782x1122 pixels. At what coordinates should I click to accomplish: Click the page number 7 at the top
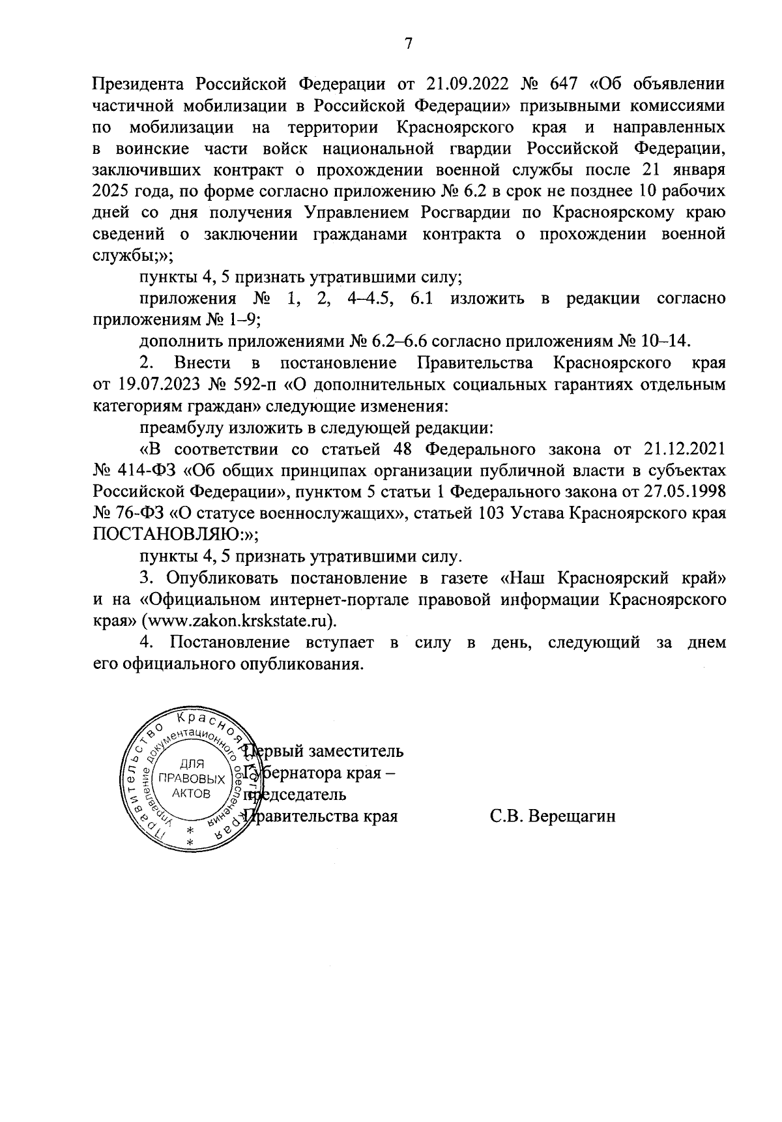[x=408, y=44]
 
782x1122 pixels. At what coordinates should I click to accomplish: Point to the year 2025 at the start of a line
[x=112, y=192]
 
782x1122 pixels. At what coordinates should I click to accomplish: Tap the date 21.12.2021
[x=684, y=449]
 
